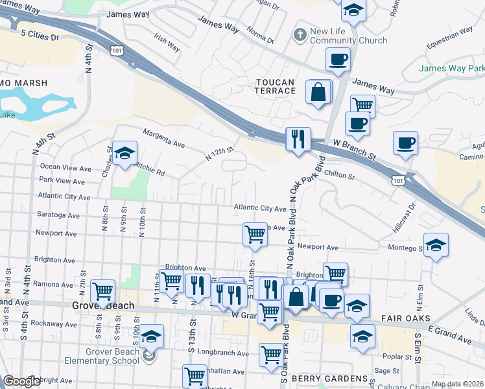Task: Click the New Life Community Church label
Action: (x=348, y=36)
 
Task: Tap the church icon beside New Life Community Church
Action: (x=300, y=33)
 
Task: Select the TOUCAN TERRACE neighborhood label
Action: (x=275, y=86)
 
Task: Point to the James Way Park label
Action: (x=451, y=68)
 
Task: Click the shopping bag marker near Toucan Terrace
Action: (x=318, y=93)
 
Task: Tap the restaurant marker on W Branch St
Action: (x=298, y=140)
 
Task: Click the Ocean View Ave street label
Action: (x=65, y=168)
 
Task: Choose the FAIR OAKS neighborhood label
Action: (x=397, y=319)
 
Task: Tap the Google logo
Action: (x=21, y=381)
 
